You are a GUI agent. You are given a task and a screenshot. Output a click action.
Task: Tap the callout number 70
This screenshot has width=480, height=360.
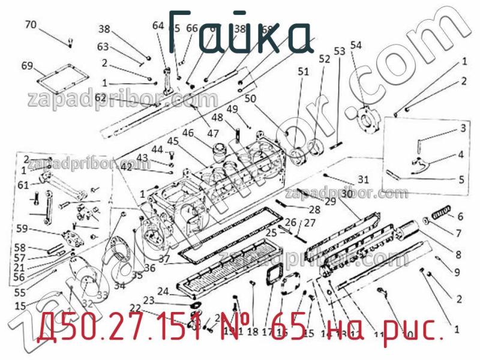pyautogui.click(x=30, y=25)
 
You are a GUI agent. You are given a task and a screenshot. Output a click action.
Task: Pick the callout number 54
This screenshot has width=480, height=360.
pyautogui.click(x=356, y=45)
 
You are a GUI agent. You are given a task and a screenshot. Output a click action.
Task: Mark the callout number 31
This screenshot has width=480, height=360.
pyautogui.click(x=363, y=179)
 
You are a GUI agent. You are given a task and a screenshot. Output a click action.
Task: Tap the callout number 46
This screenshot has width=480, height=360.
pyautogui.click(x=188, y=133)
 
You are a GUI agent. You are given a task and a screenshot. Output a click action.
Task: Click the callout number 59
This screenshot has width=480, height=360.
pyautogui.click(x=22, y=228)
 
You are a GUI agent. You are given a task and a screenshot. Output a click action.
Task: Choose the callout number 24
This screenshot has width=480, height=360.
pyautogui.click(x=163, y=291)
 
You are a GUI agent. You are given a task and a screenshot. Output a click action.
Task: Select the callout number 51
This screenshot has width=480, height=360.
pyautogui.click(x=304, y=71)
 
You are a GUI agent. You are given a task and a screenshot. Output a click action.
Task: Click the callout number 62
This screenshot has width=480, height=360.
pyautogui.click(x=100, y=97)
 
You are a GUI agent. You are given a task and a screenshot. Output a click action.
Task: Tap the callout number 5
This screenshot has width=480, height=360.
pyautogui.click(x=461, y=179)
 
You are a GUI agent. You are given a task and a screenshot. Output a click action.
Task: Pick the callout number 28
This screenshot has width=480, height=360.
pyautogui.click(x=314, y=209)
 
